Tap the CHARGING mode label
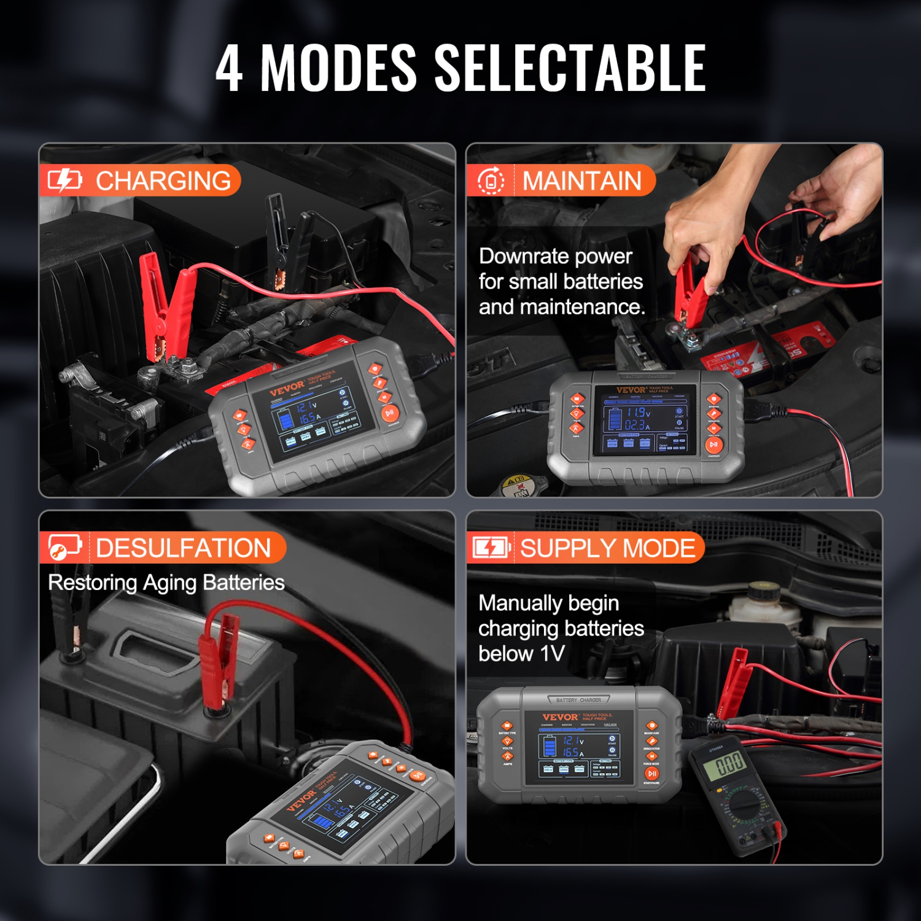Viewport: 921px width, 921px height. [x=163, y=181]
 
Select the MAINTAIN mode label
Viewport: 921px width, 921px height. [x=581, y=181]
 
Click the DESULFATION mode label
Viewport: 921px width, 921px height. [x=183, y=548]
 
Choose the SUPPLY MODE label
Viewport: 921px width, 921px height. [x=607, y=548]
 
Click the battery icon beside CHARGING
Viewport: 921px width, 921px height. [x=64, y=181]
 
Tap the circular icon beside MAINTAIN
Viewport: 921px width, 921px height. [x=491, y=181]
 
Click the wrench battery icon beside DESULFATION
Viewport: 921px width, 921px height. [x=64, y=547]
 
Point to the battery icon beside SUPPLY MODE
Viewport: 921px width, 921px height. [x=491, y=547]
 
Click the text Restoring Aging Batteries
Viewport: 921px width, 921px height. [x=166, y=582]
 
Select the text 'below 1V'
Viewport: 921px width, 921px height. [x=521, y=653]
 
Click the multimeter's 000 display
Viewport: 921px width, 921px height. [x=729, y=765]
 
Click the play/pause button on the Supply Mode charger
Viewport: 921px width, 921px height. [x=652, y=774]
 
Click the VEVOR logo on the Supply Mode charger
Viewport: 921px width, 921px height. [x=559, y=717]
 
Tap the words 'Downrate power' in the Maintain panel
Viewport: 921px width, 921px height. [x=555, y=256]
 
